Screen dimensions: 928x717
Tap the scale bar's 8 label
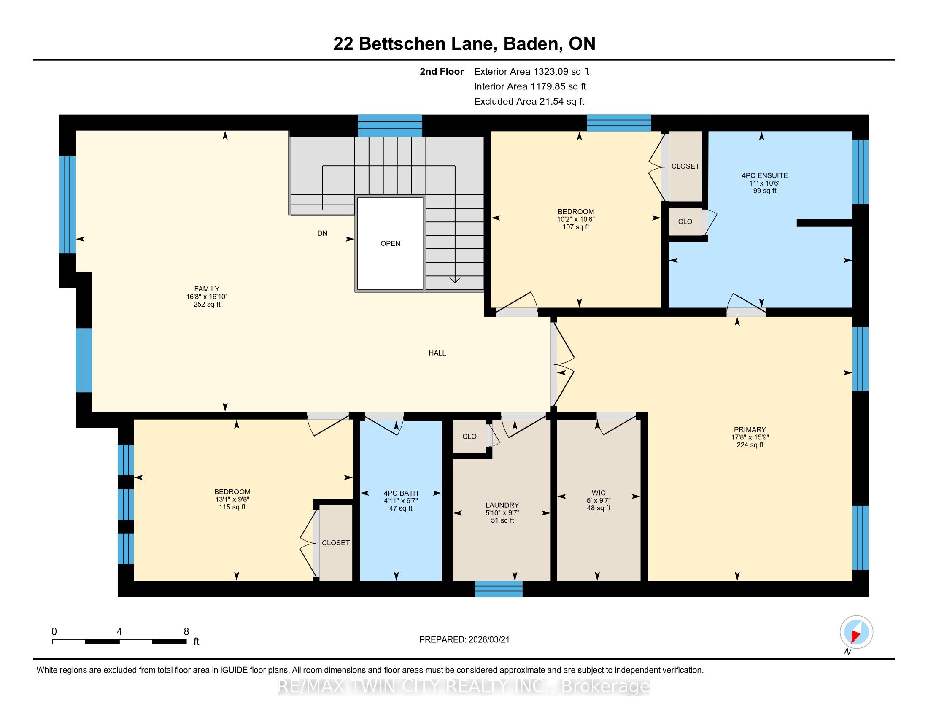(186, 632)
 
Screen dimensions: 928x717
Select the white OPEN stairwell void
(390, 244)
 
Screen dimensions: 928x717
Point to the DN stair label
(323, 233)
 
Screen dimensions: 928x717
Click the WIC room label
(598, 493)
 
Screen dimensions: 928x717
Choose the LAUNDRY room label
(502, 505)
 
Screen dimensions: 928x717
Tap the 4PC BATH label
(401, 493)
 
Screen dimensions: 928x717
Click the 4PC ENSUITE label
(764, 175)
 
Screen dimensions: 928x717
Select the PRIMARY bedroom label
(750, 429)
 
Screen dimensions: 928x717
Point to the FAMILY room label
(207, 289)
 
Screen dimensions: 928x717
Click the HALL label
(437, 353)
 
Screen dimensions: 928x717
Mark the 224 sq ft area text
(750, 445)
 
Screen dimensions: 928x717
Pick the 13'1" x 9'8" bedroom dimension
(232, 499)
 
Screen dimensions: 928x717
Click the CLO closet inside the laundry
(469, 437)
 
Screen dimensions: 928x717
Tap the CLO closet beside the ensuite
(685, 221)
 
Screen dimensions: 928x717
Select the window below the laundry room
(499, 589)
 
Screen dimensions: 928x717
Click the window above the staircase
(390, 126)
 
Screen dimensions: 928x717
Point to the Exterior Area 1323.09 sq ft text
(531, 72)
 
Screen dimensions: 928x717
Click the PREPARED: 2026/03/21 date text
(464, 640)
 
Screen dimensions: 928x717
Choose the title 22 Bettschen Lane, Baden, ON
(464, 44)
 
